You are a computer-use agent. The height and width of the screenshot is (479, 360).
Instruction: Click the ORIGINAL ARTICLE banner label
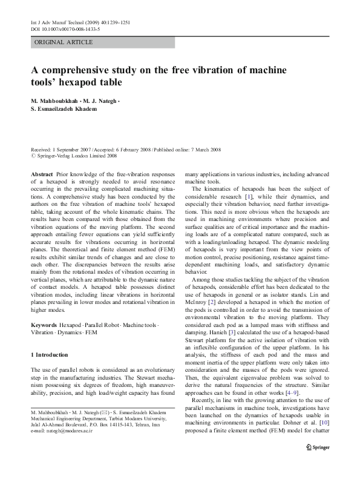coord(64,42)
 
